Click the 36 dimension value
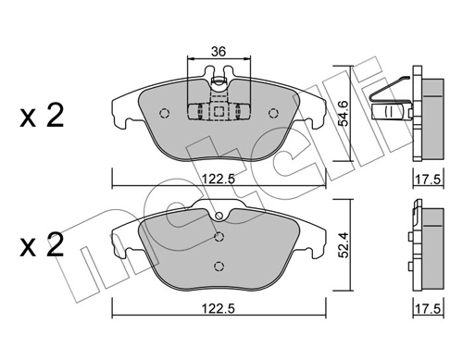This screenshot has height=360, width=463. pos(219,52)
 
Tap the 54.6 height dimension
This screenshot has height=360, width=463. pos(343,113)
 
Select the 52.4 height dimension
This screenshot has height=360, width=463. pos(343,244)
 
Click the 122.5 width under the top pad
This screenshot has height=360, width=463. pos(219,179)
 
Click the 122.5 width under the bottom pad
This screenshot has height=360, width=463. pos(219,309)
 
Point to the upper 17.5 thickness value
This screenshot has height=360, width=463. pos(429,180)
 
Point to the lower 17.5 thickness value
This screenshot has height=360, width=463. pos(429,309)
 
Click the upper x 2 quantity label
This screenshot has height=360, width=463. pos(42,116)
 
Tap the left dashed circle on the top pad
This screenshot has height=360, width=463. pos(165,113)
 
